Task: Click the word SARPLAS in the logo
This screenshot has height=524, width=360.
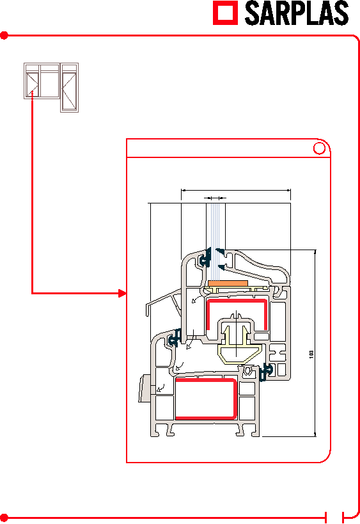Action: point(297,13)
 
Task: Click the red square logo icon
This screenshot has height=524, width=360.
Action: point(226,13)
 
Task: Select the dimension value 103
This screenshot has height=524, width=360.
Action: point(311,354)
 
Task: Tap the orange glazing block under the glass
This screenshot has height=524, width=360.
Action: point(228,283)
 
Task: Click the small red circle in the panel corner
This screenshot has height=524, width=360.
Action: point(319,148)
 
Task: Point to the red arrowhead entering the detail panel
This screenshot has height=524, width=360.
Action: point(123,294)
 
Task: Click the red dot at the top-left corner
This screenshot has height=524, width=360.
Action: point(4,35)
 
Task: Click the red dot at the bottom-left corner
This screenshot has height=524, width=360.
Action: point(4,518)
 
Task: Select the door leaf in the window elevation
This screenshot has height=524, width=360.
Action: point(69,88)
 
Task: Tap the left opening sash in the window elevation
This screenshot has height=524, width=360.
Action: point(33,84)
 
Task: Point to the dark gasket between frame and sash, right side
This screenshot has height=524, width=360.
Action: point(266,372)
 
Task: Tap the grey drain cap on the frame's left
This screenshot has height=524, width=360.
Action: point(145,388)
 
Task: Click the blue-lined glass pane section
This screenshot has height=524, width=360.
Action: point(215,242)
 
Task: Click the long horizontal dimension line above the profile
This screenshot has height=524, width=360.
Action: point(236,191)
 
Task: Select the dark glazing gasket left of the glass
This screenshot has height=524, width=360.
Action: point(205,258)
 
